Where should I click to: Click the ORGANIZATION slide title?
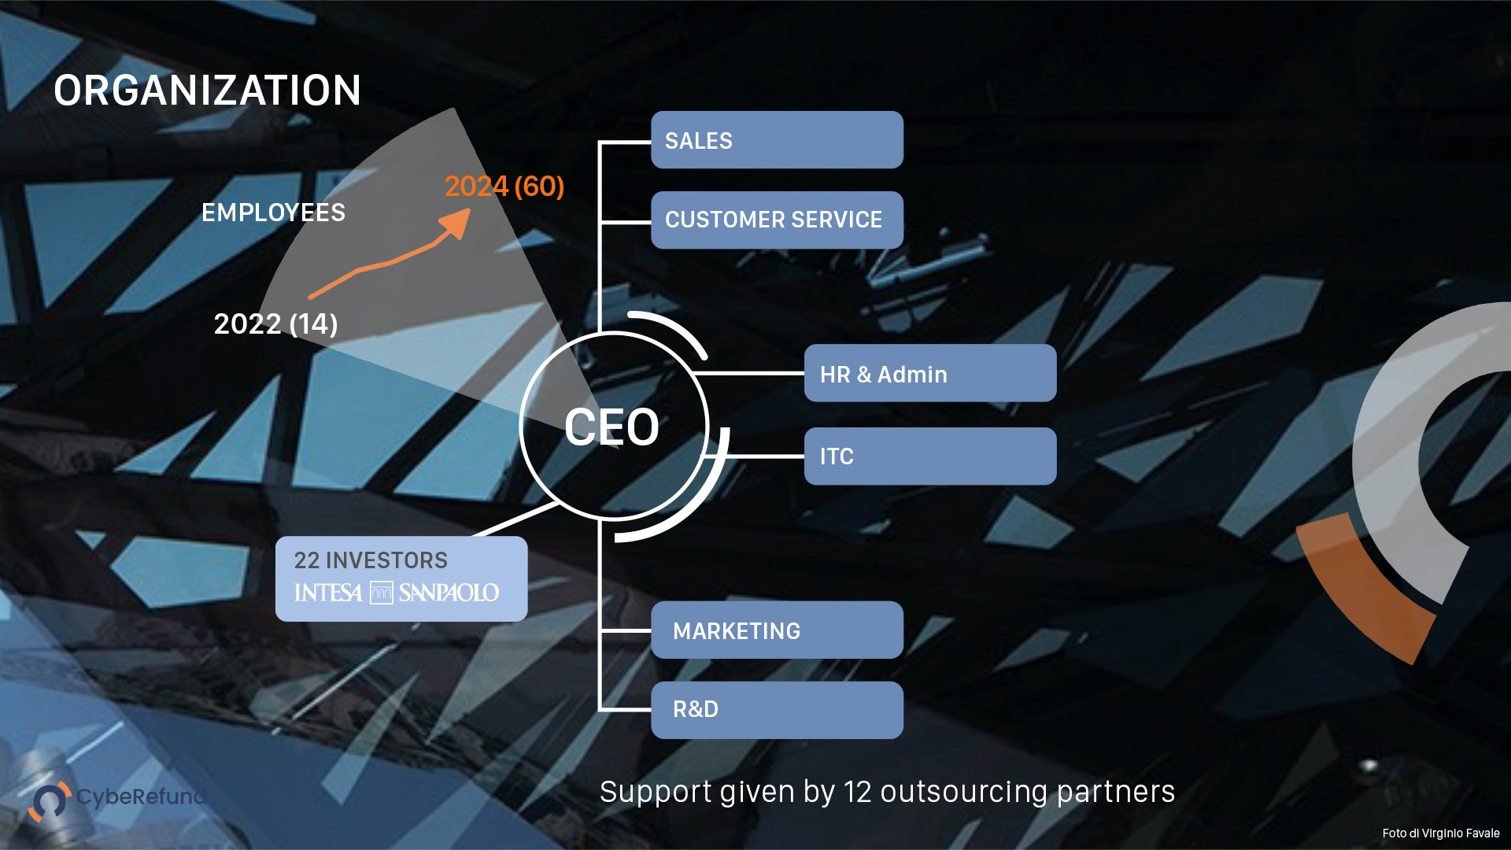tap(207, 91)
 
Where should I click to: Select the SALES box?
tap(777, 140)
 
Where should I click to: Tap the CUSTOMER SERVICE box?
tap(777, 220)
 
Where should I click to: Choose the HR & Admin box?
tap(929, 374)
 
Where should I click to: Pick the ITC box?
tap(929, 456)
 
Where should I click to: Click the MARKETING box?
tap(777, 630)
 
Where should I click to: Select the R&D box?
tap(777, 710)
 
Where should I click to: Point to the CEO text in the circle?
tap(611, 427)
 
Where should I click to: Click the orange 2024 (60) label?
tap(504, 187)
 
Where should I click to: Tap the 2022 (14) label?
tap(275, 323)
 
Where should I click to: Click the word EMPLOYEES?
tap(273, 213)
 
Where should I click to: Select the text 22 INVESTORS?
tap(371, 560)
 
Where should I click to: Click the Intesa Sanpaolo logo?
tap(397, 593)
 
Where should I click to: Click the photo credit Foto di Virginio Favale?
tap(1440, 833)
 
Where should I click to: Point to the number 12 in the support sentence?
tap(857, 792)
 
